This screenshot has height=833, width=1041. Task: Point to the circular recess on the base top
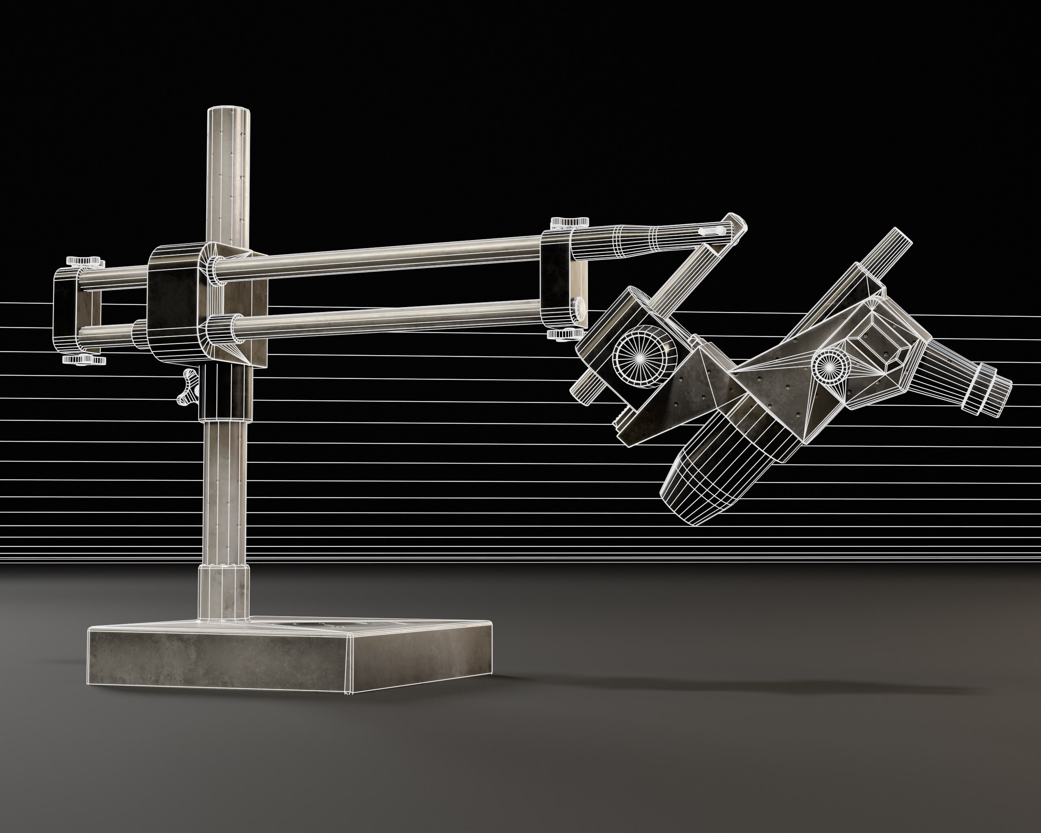click(319, 626)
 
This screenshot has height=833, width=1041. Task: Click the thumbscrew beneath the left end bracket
click(85, 360)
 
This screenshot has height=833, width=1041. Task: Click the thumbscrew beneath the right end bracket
click(565, 334)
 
